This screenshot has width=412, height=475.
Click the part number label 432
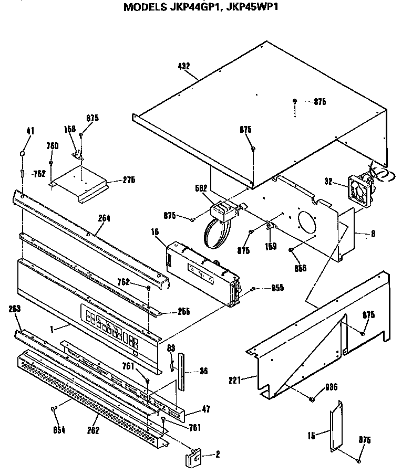click(x=183, y=66)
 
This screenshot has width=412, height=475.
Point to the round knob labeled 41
click(x=22, y=153)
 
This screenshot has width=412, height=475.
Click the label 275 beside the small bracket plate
click(x=128, y=180)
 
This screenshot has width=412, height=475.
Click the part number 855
click(x=277, y=288)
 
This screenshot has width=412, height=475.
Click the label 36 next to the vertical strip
click(x=203, y=371)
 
